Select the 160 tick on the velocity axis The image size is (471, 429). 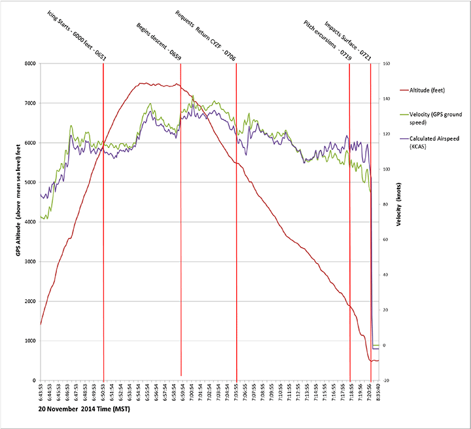tap(387, 64)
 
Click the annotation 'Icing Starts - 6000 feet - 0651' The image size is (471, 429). tap(77, 36)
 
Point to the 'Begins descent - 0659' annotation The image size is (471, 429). tap(158, 41)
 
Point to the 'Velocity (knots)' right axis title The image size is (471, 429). tap(397, 223)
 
